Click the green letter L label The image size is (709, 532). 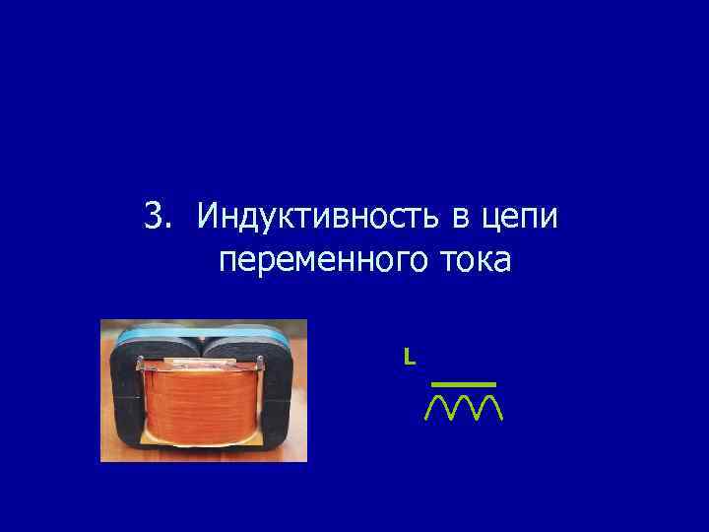(x=408, y=356)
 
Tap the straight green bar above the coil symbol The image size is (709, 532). (x=463, y=382)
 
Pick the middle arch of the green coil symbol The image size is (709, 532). (x=464, y=406)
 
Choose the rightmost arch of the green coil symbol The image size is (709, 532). (x=489, y=406)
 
